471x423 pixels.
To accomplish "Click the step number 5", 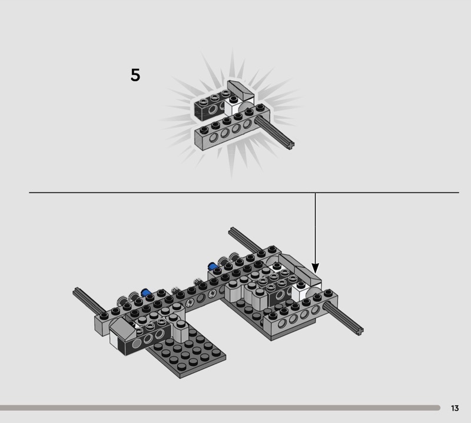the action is pos(135,75).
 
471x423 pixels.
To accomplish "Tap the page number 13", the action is pos(455,408).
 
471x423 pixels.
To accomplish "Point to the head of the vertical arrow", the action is pos(315,268).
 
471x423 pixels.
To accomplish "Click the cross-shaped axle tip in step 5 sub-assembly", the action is pos(290,146).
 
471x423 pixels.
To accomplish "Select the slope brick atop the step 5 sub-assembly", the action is pos(241,90).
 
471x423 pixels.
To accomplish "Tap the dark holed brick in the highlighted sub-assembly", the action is pos(210,106).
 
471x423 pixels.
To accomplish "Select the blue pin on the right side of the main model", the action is pos(213,266).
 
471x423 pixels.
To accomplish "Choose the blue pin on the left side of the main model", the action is pos(145,293).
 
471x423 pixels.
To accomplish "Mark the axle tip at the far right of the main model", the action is pos(360,331).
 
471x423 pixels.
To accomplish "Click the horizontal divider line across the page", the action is pos(244,193).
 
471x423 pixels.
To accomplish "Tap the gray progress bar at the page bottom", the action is pos(220,408).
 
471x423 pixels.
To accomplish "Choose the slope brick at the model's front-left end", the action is pos(122,328).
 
